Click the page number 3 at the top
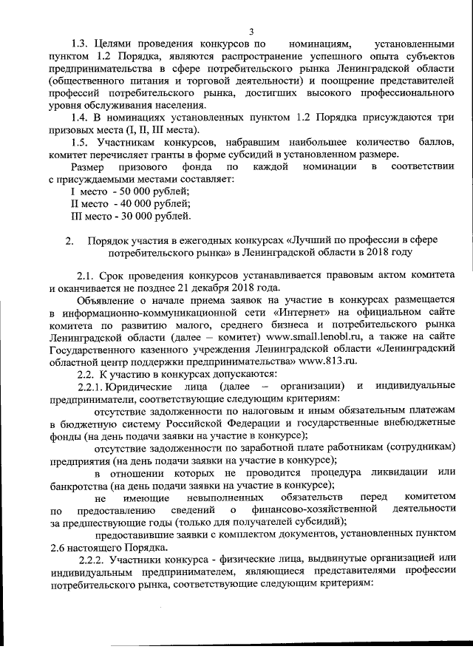point(251,31)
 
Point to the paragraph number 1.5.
point(78,141)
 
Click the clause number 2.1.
point(85,275)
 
